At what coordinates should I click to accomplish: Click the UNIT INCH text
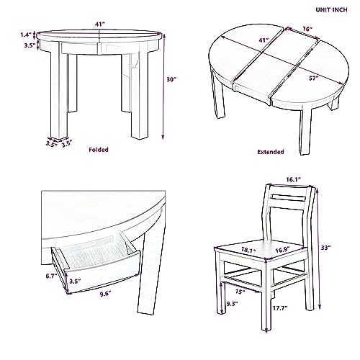coord(331,10)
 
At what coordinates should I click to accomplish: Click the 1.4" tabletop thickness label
coord(26,35)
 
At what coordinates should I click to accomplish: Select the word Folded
coord(99,150)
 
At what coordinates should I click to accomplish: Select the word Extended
coord(271,152)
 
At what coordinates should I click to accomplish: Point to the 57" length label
coord(313,78)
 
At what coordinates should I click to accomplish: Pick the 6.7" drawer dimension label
coord(51,276)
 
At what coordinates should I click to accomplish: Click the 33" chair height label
coord(326,248)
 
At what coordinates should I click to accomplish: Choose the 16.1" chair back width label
coord(293,179)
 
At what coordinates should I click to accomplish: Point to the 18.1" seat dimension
coord(248,250)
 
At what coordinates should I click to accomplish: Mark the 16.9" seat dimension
coord(282,250)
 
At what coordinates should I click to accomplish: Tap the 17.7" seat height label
coord(280,308)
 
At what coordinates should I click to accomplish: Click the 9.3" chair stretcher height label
coord(232,304)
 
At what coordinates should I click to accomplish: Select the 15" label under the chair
coord(240,292)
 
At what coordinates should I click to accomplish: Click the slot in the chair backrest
coord(288,199)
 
